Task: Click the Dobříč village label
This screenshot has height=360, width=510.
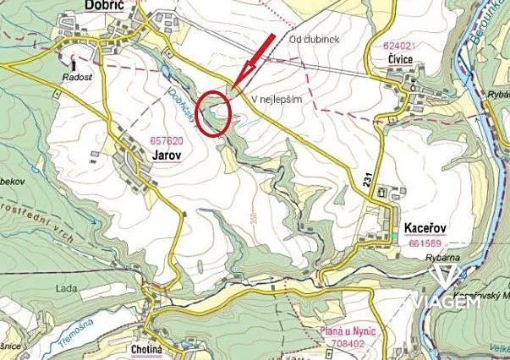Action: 106,6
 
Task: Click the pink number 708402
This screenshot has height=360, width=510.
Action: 348,345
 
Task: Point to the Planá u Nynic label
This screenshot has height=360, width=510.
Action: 348,332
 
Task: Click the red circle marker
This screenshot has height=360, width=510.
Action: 215,112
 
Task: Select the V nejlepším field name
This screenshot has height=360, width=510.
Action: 277,99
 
